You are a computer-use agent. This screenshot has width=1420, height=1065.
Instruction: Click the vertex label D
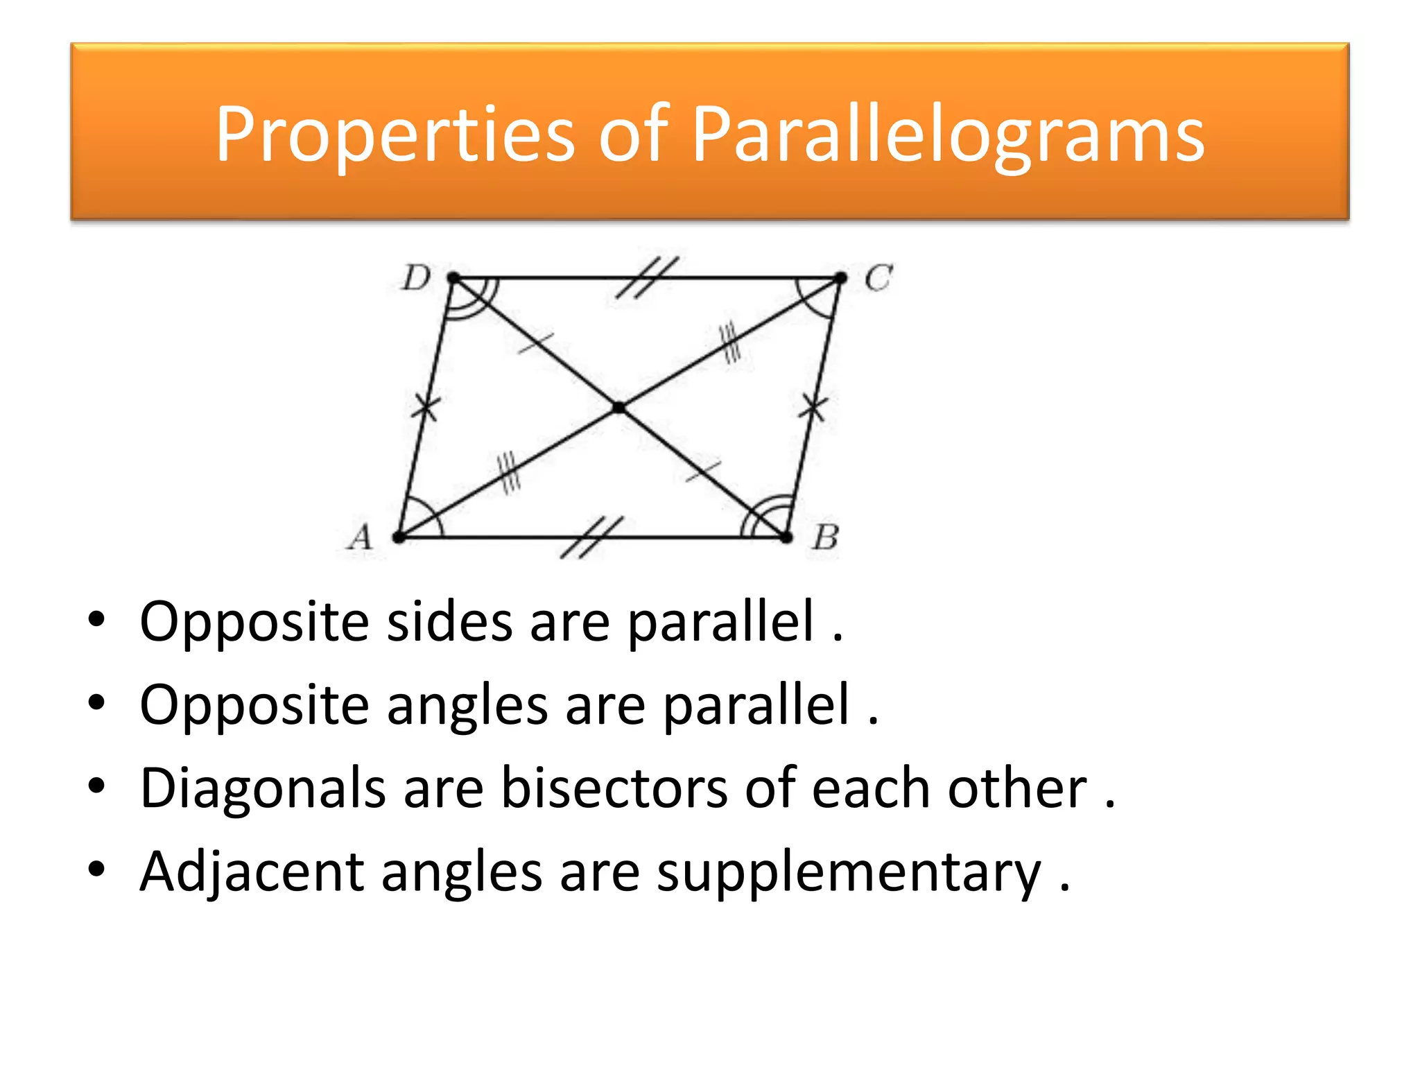(x=417, y=279)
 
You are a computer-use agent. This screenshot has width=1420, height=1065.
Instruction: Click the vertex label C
(x=878, y=279)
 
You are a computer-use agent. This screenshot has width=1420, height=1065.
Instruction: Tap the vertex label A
(x=361, y=537)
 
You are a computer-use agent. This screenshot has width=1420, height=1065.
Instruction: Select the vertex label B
(x=826, y=537)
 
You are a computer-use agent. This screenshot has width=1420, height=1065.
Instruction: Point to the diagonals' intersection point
(x=619, y=408)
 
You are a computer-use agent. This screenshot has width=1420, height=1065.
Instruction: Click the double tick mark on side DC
(x=648, y=277)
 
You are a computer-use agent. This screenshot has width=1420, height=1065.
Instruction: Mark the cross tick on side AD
(x=425, y=407)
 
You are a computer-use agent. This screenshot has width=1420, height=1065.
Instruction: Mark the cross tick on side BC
(x=813, y=407)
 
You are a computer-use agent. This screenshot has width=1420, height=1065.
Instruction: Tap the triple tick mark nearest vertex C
(x=730, y=344)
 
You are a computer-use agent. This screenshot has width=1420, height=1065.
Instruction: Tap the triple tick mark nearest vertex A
(x=508, y=473)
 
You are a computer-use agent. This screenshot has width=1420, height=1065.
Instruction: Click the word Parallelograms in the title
(x=948, y=135)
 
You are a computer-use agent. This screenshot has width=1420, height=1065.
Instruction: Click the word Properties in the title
(x=395, y=135)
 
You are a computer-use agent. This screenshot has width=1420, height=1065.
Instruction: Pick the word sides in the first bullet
(x=449, y=621)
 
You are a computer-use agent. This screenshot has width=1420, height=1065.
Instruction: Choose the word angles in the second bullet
(x=467, y=705)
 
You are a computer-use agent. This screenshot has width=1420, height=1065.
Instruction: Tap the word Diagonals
(x=263, y=789)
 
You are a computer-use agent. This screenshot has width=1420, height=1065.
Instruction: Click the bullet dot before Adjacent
(x=97, y=868)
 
